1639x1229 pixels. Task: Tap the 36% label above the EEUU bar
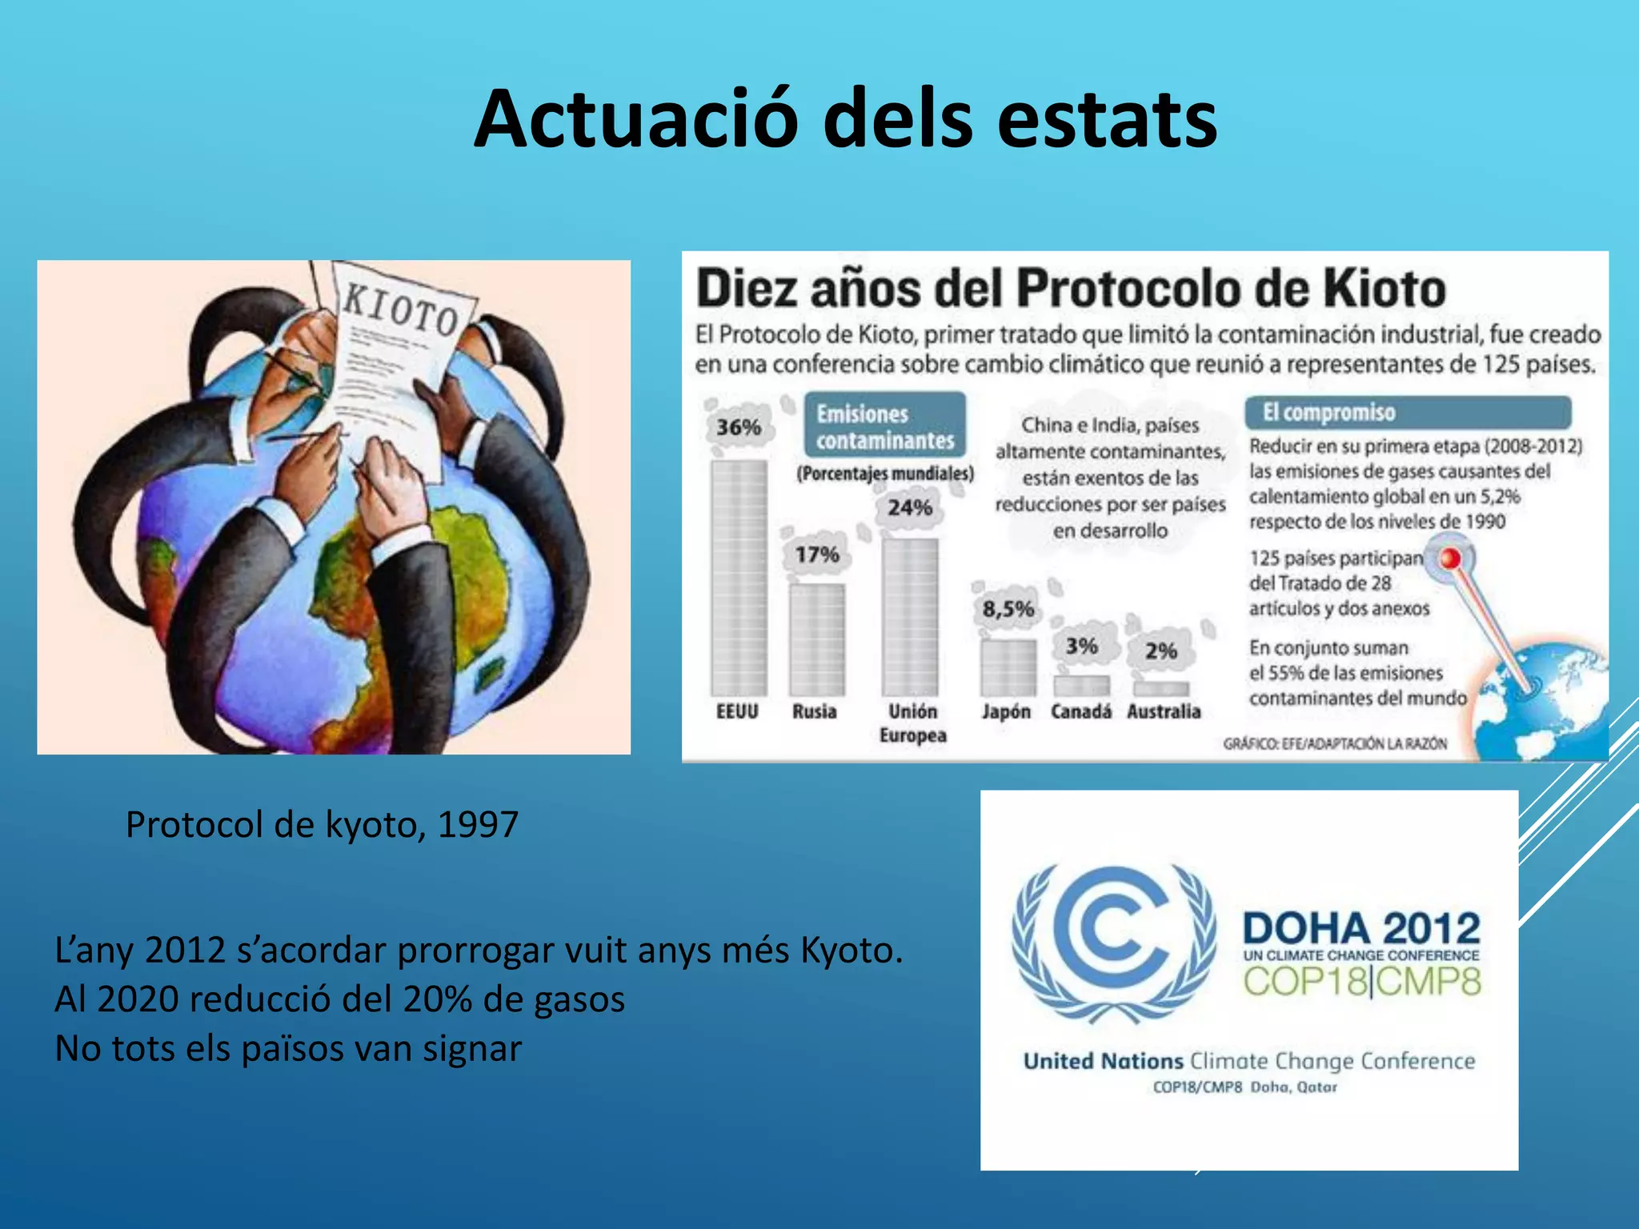pyautogui.click(x=738, y=427)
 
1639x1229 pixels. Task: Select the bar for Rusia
pyautogui.click(x=817, y=639)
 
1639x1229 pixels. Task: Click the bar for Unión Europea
pyautogui.click(x=910, y=616)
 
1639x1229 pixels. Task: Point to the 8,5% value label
pyautogui.click(x=1008, y=610)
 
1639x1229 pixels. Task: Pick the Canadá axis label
pyautogui.click(x=1080, y=711)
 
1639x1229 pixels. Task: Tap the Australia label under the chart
pyautogui.click(x=1164, y=711)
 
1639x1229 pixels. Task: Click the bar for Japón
pyautogui.click(x=1008, y=667)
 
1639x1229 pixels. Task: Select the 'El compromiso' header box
pyautogui.click(x=1407, y=412)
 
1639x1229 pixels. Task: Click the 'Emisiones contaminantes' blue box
pyautogui.click(x=885, y=426)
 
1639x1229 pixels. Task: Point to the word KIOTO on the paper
pyautogui.click(x=400, y=310)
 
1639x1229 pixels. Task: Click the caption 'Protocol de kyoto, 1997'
pyautogui.click(x=322, y=824)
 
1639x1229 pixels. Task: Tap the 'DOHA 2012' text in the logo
pyautogui.click(x=1361, y=928)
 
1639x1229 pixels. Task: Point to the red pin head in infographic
pyautogui.click(x=1450, y=558)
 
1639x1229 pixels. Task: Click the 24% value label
pyautogui.click(x=910, y=507)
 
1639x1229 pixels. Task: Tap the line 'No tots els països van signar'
pyautogui.click(x=288, y=1048)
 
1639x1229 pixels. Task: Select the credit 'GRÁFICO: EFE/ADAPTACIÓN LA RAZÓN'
pyautogui.click(x=1335, y=743)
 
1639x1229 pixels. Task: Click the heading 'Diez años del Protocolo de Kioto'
pyautogui.click(x=1071, y=288)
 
